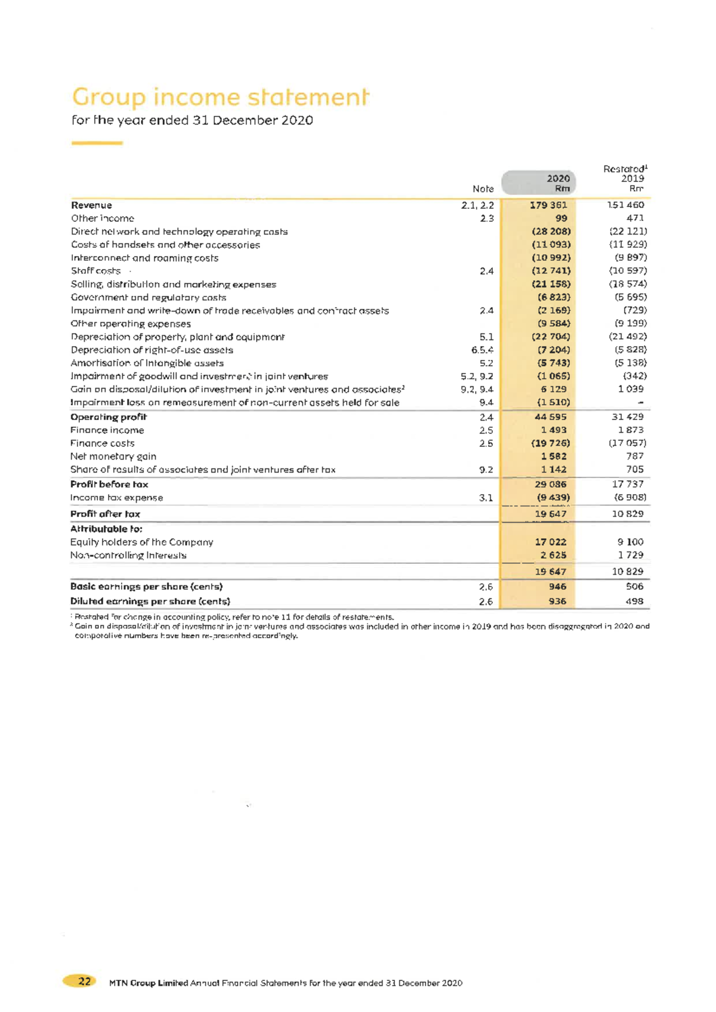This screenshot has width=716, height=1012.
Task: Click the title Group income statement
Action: (x=220, y=97)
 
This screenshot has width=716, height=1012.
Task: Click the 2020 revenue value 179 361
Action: (x=548, y=205)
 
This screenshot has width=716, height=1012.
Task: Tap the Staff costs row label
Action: (x=95, y=271)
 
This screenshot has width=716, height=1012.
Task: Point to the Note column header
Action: (x=483, y=189)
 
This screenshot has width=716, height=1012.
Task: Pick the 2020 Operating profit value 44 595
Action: (x=550, y=416)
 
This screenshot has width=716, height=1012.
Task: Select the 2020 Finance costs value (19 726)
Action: (x=550, y=443)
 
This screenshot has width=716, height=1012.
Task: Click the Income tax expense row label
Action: (x=116, y=498)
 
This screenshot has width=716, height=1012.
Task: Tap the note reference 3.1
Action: (x=486, y=498)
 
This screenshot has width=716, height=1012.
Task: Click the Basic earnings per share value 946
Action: (x=557, y=587)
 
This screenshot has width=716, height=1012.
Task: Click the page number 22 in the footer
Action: (x=85, y=981)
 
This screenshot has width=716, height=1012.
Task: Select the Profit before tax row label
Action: (x=109, y=484)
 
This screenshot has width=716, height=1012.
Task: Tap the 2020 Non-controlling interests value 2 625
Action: (x=553, y=555)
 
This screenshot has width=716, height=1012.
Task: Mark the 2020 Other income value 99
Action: (x=561, y=218)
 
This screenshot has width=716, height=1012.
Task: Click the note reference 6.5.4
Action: (x=482, y=350)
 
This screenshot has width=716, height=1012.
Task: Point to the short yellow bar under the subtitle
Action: (x=97, y=143)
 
